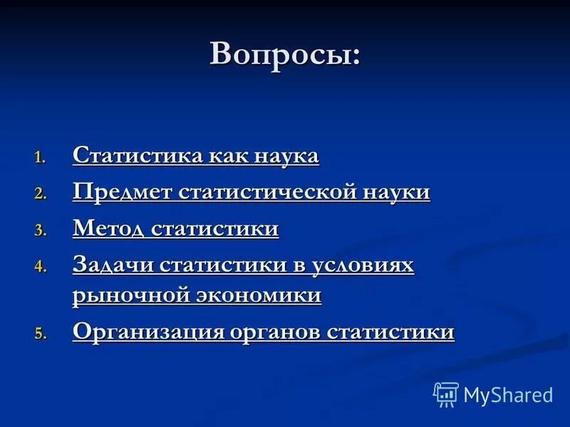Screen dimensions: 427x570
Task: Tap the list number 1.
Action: coord(41,158)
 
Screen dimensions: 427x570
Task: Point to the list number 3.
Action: coord(41,231)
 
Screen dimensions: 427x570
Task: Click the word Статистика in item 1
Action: coord(138,156)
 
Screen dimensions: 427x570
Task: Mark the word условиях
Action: coord(363,265)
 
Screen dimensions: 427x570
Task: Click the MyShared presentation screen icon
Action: coord(446,394)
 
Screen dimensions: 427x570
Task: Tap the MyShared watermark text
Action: coord(508,395)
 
